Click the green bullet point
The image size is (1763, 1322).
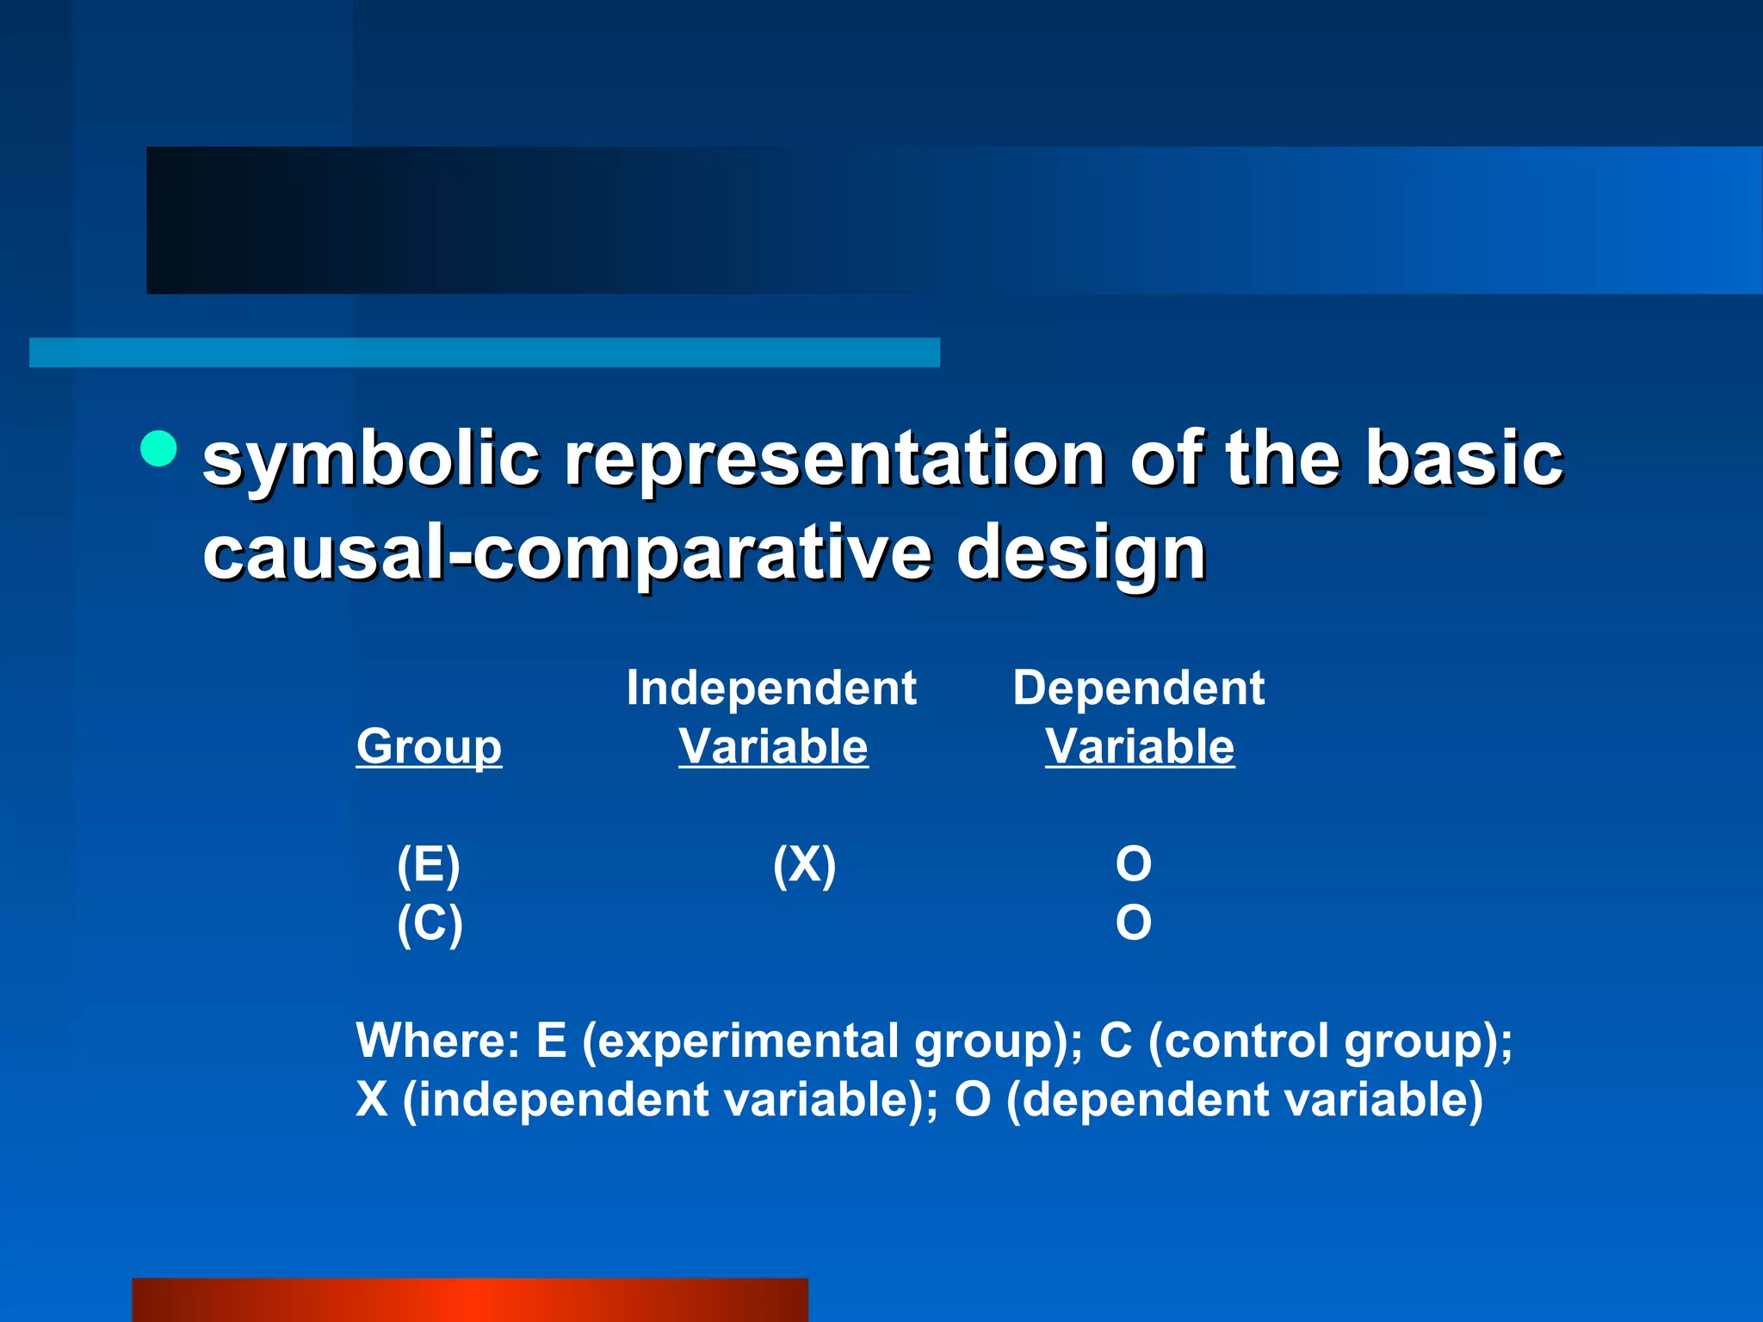(158, 448)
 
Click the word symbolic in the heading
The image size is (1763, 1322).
(370, 460)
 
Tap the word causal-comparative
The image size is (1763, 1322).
(566, 553)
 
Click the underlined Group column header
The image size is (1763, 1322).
(429, 746)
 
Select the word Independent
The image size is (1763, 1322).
(770, 688)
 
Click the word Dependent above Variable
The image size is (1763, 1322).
(1138, 688)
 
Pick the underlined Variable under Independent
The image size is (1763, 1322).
(773, 746)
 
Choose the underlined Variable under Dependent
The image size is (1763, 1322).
(1140, 746)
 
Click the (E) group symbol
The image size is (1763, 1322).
(429, 864)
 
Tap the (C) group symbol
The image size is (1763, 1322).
(430, 924)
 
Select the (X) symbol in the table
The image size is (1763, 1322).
(804, 864)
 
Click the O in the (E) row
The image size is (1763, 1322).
(1133, 864)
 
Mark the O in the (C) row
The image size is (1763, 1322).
(1133, 923)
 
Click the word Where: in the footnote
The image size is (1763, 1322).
(438, 1041)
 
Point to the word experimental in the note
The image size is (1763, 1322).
(747, 1041)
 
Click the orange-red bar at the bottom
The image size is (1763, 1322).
(469, 1300)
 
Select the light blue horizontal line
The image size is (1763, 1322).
(484, 352)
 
